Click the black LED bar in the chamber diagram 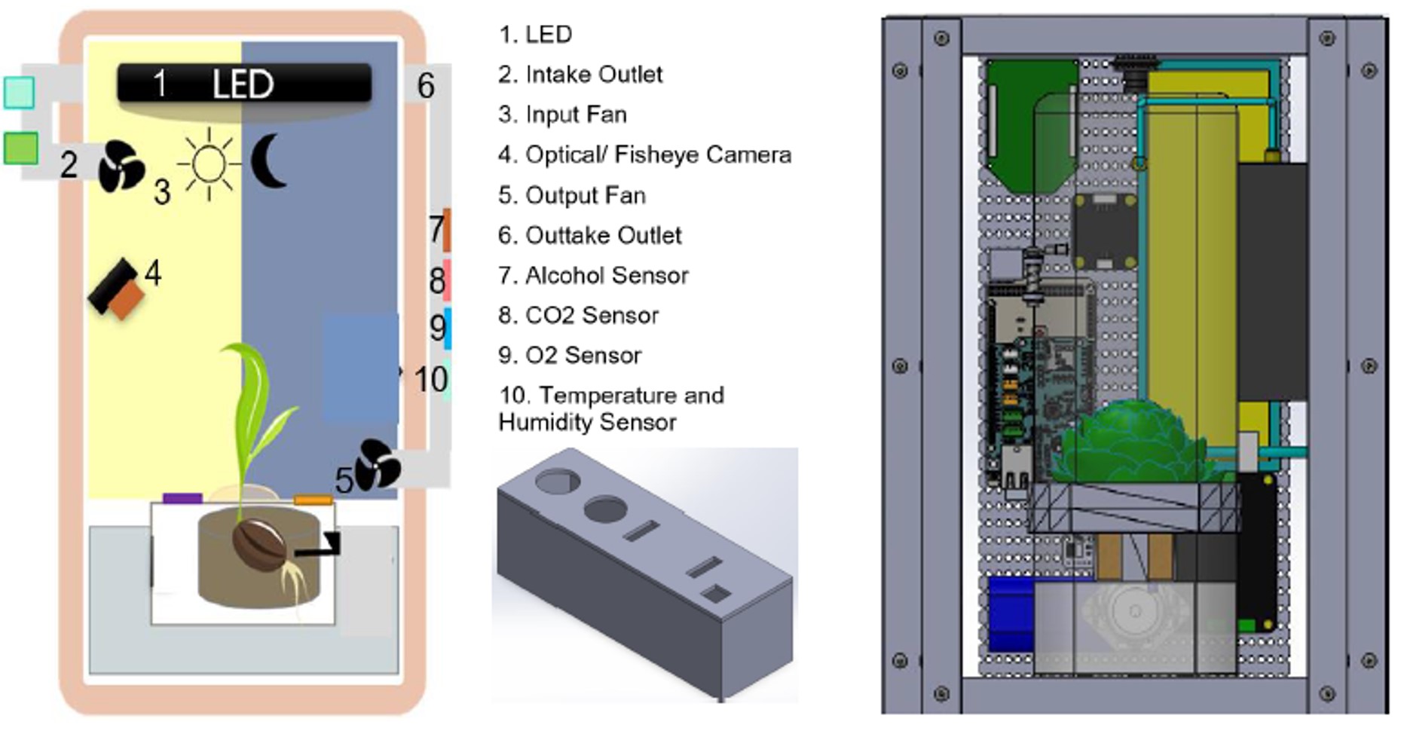click(x=244, y=84)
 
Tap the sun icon click(x=209, y=164)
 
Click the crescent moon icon click(x=267, y=161)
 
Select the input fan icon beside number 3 click(x=121, y=166)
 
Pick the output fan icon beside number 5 click(x=378, y=465)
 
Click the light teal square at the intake click(x=19, y=92)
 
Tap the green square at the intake click(x=20, y=148)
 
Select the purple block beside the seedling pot click(x=182, y=498)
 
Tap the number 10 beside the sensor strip click(x=431, y=379)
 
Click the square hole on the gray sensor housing click(x=714, y=595)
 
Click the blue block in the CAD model click(x=1010, y=613)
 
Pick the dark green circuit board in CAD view click(x=1031, y=124)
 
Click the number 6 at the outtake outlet click(x=426, y=85)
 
